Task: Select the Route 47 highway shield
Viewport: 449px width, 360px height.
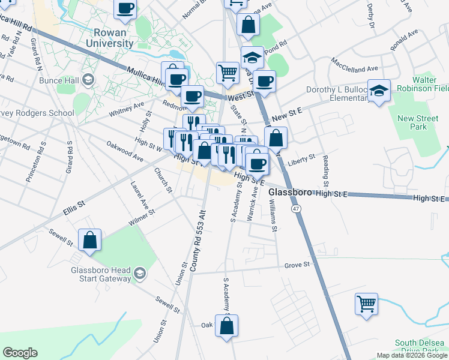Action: pyautogui.click(x=296, y=208)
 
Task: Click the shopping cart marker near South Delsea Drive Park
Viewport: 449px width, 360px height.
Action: pyautogui.click(x=366, y=303)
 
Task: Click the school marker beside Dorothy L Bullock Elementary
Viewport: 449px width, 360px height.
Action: pyautogui.click(x=379, y=91)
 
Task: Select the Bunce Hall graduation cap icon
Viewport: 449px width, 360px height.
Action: pyautogui.click(x=88, y=80)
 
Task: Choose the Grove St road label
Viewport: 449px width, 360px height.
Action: pyautogui.click(x=297, y=264)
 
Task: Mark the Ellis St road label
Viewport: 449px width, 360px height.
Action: pyautogui.click(x=74, y=212)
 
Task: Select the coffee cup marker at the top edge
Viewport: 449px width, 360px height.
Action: pyautogui.click(x=125, y=8)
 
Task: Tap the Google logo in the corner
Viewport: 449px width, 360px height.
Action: pyautogui.click(x=20, y=353)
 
